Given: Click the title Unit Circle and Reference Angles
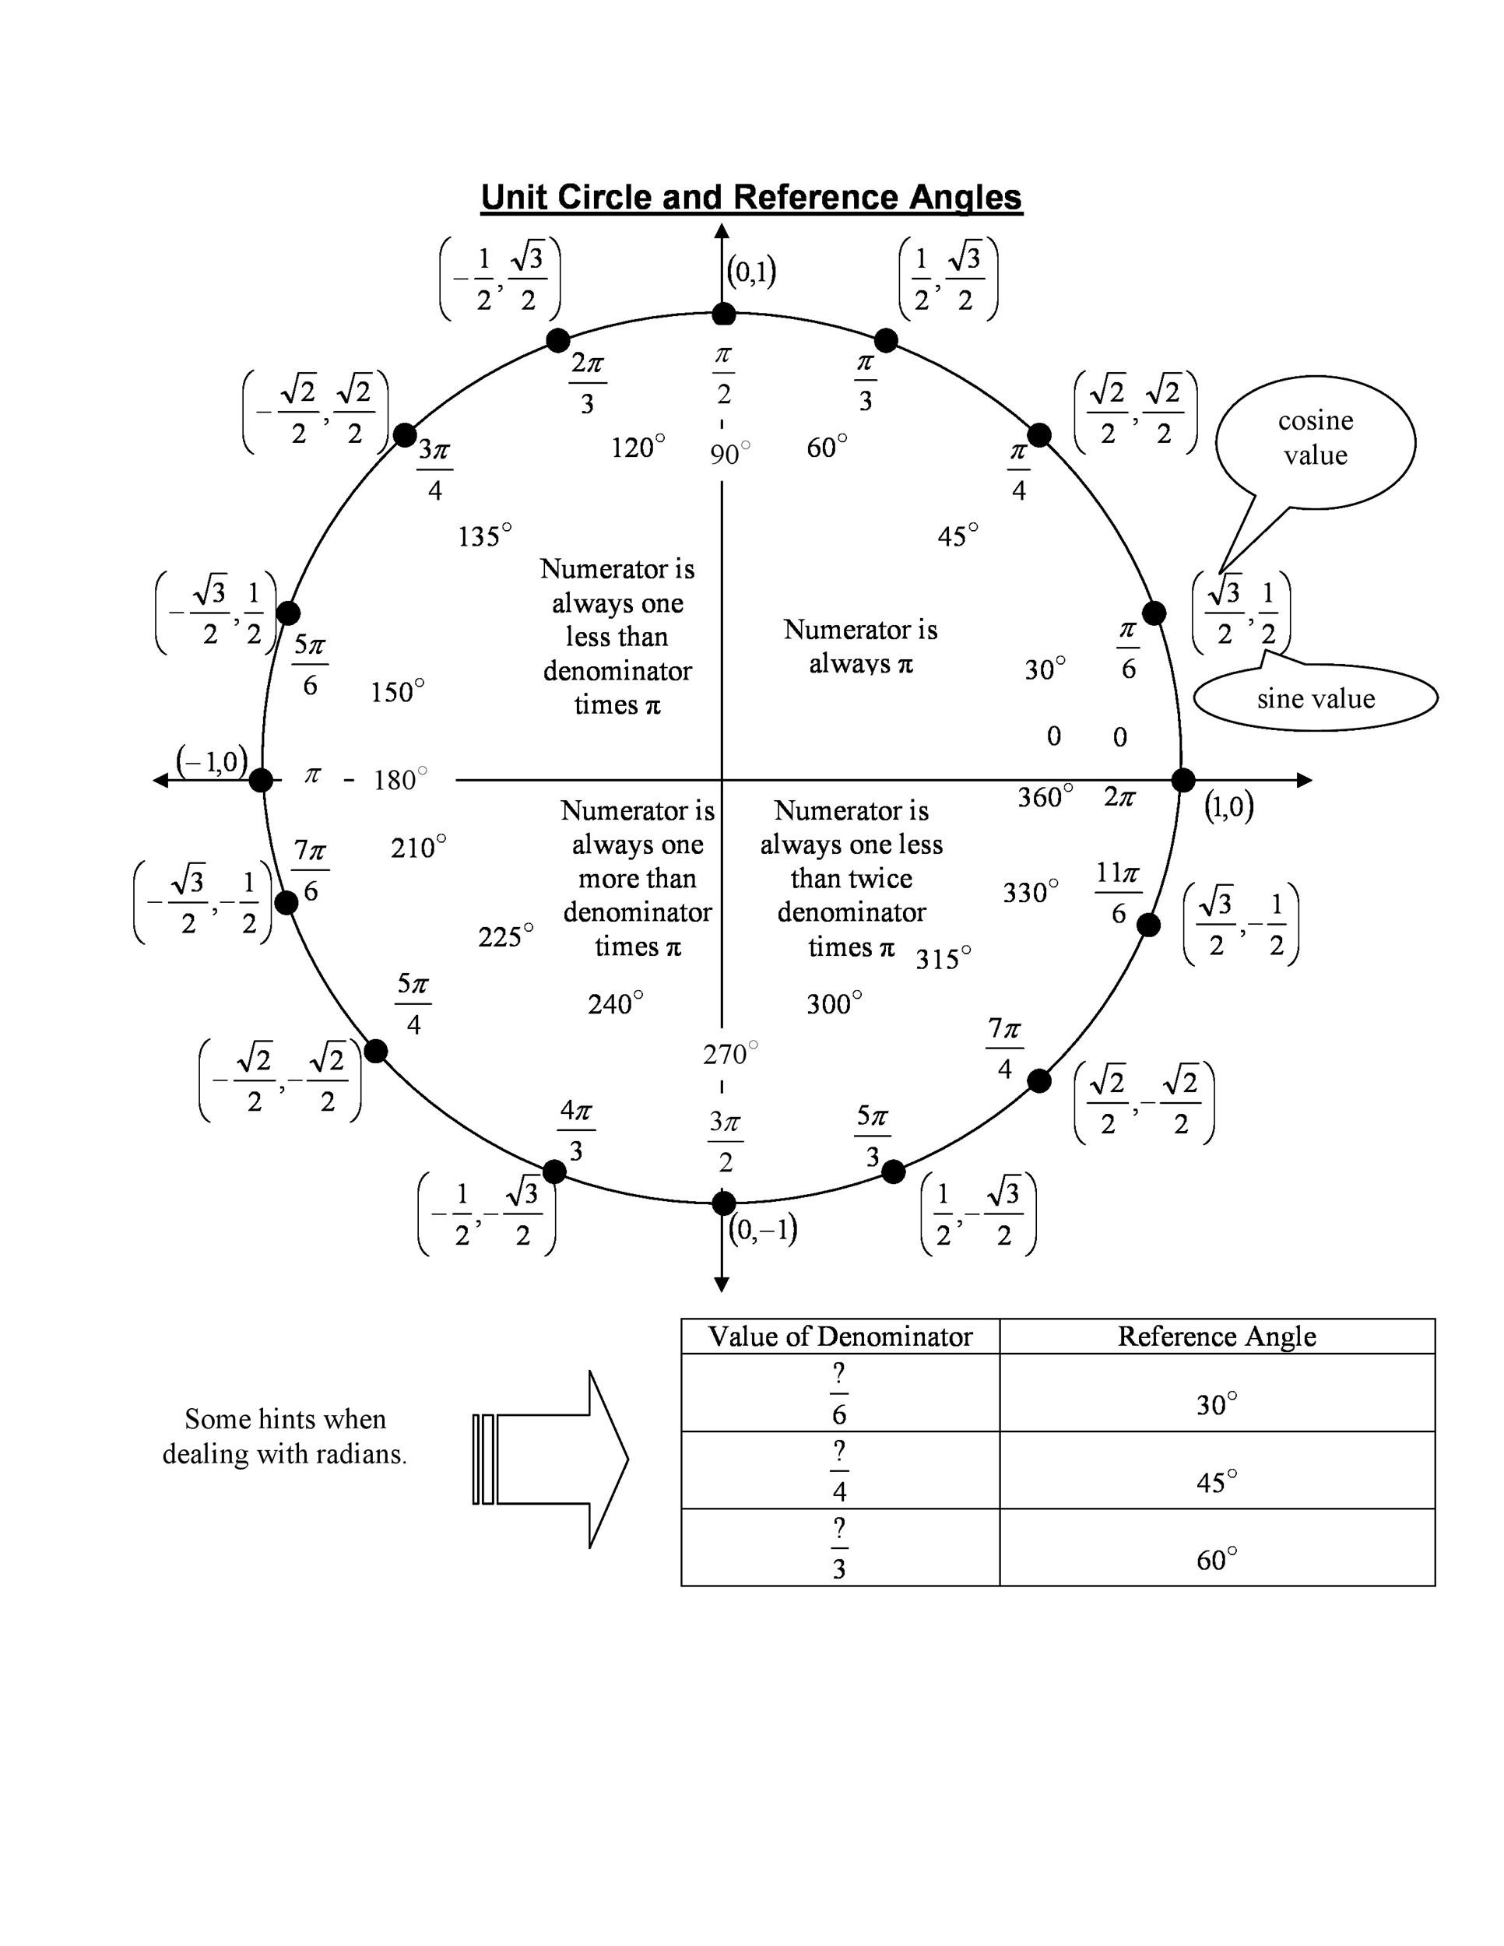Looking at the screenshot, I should tap(751, 197).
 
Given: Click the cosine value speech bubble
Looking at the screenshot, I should tap(1315, 438).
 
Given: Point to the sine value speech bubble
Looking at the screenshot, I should tap(1315, 698).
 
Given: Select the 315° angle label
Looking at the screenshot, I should tap(943, 960).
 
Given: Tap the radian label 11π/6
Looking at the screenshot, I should tap(1118, 893).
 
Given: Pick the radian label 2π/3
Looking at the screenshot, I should tap(587, 383).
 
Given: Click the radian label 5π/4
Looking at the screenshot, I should tap(413, 1004).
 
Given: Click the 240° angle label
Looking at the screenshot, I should tap(615, 1004).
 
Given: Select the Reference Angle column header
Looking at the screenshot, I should tap(1216, 1337).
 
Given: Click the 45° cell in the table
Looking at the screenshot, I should tap(1216, 1482).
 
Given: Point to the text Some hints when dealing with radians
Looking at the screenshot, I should tap(285, 1436).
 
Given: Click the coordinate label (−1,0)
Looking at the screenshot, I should tap(212, 761).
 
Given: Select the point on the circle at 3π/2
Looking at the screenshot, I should tap(723, 1203).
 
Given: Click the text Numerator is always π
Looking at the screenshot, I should tap(859, 647).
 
